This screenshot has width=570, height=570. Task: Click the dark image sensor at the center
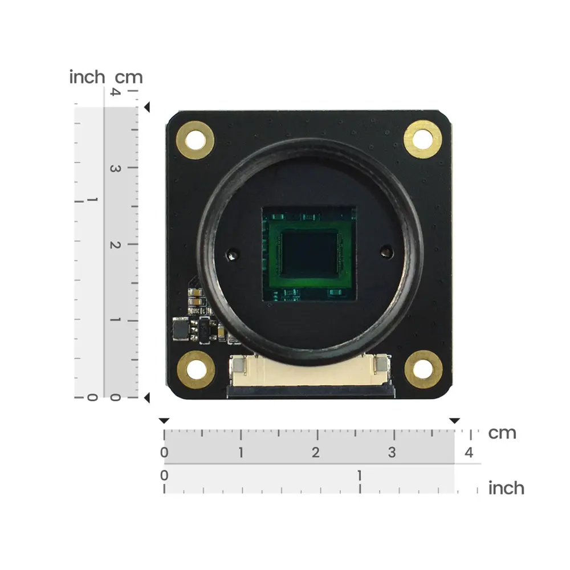(310, 254)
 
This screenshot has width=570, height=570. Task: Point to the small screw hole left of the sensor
(233, 254)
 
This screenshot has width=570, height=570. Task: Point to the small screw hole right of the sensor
(387, 252)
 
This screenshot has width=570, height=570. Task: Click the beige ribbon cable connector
(311, 371)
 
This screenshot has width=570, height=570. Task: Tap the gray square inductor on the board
(181, 329)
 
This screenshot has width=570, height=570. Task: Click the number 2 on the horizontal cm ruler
(316, 452)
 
